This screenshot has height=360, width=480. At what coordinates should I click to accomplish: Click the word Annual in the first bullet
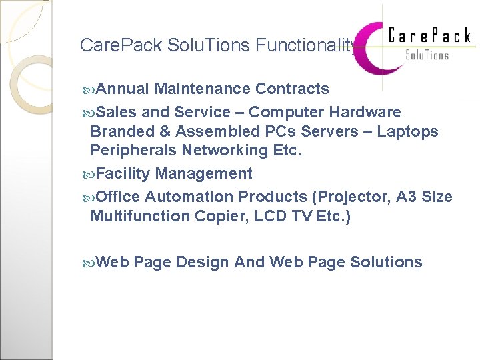(x=123, y=89)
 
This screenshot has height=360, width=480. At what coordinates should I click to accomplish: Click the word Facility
(x=123, y=174)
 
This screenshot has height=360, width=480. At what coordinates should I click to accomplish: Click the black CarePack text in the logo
(x=429, y=35)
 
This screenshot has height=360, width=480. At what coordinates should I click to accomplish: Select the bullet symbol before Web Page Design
(x=89, y=263)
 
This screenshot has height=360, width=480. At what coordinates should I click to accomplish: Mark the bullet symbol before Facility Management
(x=89, y=175)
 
